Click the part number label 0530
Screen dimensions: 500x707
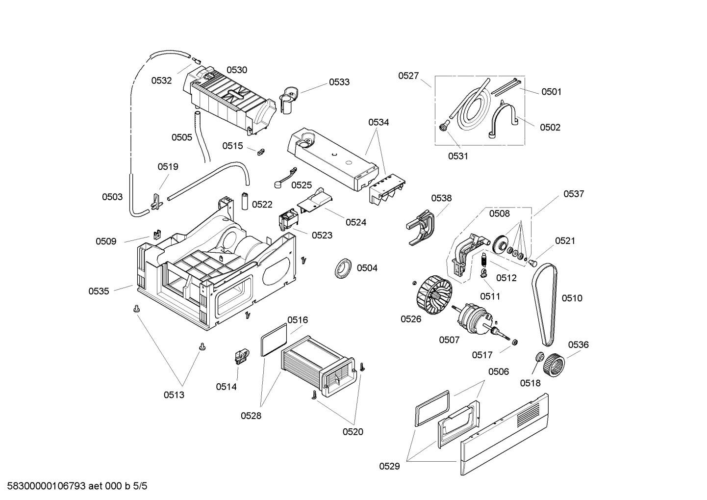pyautogui.click(x=237, y=70)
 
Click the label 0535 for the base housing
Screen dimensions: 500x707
pyautogui.click(x=99, y=291)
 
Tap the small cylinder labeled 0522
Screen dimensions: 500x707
pyautogui.click(x=244, y=202)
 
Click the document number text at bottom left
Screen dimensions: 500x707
pyautogui.click(x=74, y=486)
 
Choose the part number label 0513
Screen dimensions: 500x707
pyautogui.click(x=174, y=395)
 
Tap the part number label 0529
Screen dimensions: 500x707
pyautogui.click(x=389, y=466)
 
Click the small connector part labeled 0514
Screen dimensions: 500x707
pyautogui.click(x=241, y=356)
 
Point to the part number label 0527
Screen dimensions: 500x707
pyautogui.click(x=408, y=76)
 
